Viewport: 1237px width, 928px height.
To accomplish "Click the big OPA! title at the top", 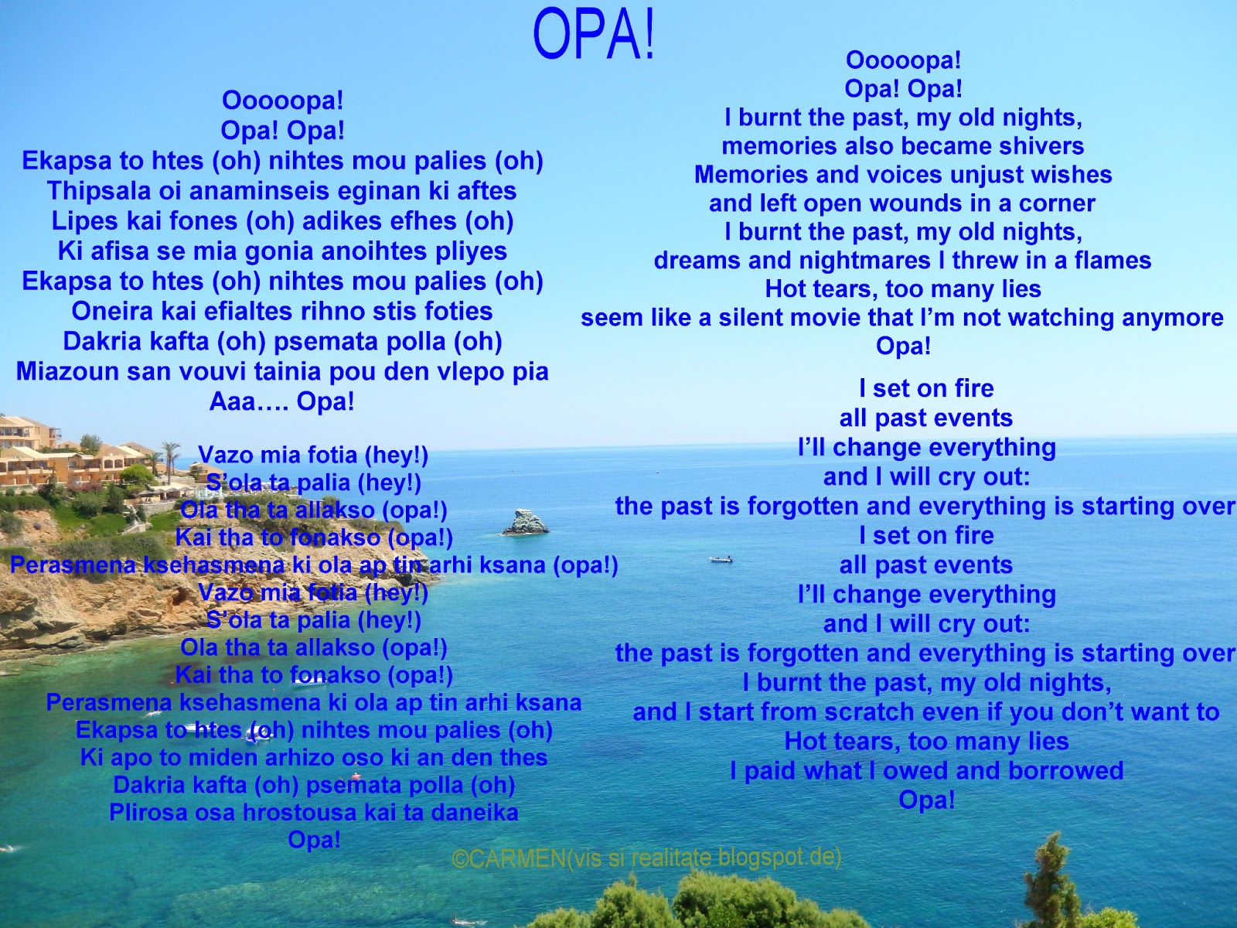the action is point(594,35).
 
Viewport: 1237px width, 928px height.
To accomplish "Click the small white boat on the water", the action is point(721,559).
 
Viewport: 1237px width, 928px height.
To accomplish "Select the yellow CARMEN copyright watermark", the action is point(646,858).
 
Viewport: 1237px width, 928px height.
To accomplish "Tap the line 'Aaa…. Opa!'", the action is point(281,401).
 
